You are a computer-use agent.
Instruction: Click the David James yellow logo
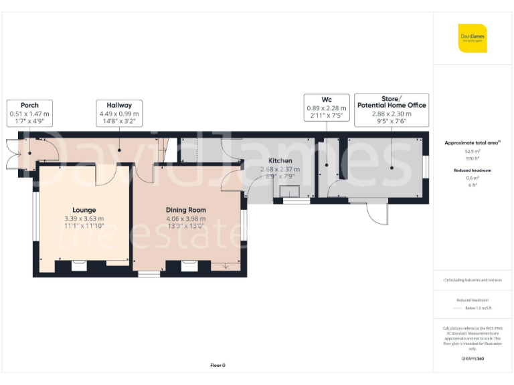tap(473, 38)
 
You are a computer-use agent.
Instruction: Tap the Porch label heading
tap(29, 105)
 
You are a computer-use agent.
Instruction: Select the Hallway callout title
tap(119, 105)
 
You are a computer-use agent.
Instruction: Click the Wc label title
tap(327, 99)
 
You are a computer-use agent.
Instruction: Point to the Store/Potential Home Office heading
tap(392, 102)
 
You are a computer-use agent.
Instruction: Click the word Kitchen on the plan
tap(280, 161)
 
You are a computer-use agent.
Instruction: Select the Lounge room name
tap(84, 210)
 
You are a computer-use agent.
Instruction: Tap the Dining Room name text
tap(186, 210)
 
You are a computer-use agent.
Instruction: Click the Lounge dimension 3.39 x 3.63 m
tap(84, 219)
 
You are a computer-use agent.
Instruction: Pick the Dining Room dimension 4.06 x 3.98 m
tap(186, 219)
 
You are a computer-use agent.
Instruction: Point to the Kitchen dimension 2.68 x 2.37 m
tap(280, 170)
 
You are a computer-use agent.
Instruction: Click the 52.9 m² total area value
tap(473, 152)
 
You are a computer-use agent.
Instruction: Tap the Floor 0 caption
tap(218, 365)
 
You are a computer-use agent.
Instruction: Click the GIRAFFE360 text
tap(473, 359)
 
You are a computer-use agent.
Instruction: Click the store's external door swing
tap(377, 214)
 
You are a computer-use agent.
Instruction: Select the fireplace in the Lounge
tap(80, 265)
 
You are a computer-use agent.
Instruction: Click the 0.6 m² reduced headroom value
tap(473, 178)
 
